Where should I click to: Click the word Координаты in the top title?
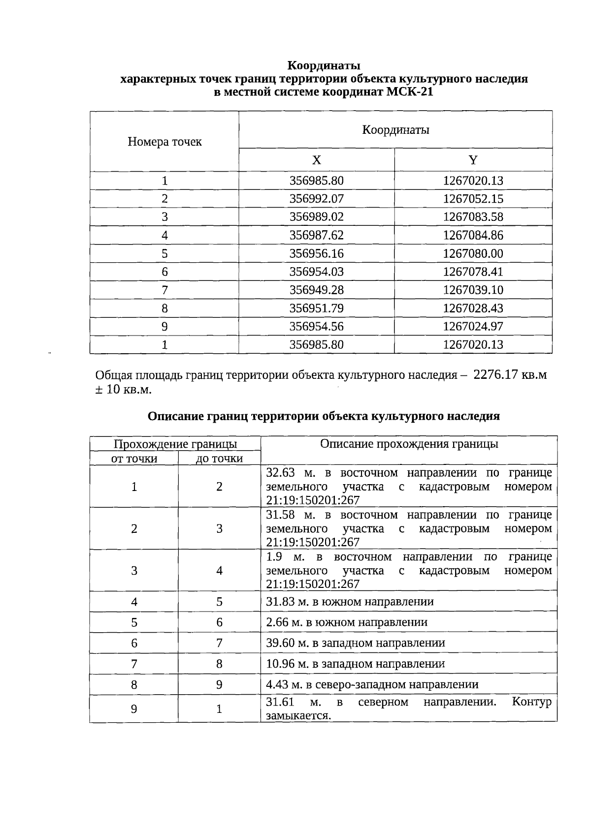click(x=324, y=65)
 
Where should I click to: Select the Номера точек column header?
click(x=164, y=142)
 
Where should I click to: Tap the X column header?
click(x=316, y=160)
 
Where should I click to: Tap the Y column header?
click(x=473, y=160)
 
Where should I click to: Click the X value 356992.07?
click(x=316, y=199)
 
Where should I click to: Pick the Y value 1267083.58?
click(x=473, y=217)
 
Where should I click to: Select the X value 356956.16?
click(x=316, y=253)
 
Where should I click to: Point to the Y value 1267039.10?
click(x=473, y=290)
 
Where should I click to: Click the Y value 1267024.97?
click(x=473, y=326)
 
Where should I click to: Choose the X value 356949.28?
click(x=316, y=290)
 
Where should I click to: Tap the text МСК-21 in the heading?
click(x=410, y=92)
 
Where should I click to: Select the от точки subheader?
click(x=134, y=459)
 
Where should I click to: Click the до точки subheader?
click(x=219, y=459)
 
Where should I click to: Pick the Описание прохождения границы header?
click(x=409, y=444)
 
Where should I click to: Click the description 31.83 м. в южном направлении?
click(x=350, y=602)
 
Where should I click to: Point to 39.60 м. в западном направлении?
click(x=355, y=643)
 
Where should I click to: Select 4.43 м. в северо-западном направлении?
click(x=372, y=684)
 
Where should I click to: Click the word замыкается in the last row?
click(x=297, y=715)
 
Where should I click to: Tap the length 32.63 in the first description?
click(x=280, y=473)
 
